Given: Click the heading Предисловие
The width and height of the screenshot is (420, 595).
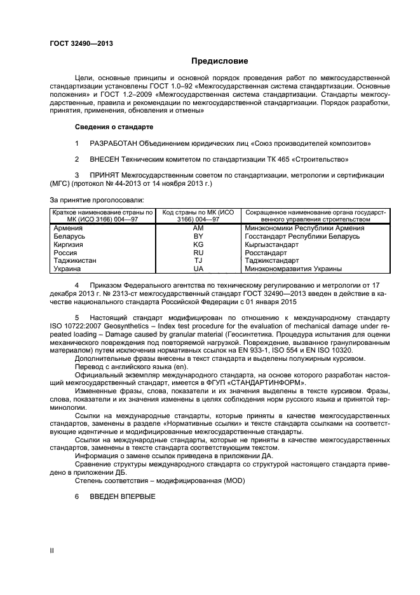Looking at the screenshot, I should (x=220, y=61).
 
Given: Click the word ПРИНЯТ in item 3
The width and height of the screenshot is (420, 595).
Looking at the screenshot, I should (x=105, y=174).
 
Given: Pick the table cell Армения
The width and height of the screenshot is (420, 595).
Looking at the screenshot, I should (x=68, y=228).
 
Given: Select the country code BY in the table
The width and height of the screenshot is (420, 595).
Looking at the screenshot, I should (x=198, y=236).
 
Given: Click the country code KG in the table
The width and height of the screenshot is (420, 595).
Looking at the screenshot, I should (x=198, y=244).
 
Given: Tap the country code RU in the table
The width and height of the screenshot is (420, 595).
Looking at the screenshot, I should (x=198, y=253).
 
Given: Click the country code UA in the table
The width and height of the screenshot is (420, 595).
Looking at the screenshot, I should (x=198, y=269).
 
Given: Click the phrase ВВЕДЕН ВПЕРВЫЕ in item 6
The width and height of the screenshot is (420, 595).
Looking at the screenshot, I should (x=122, y=496).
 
